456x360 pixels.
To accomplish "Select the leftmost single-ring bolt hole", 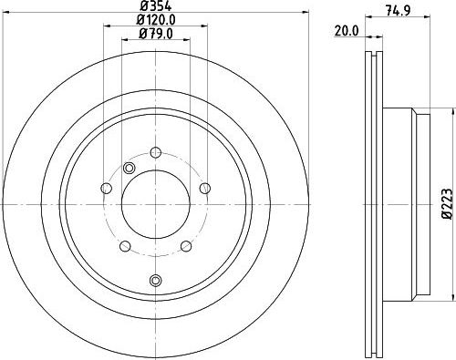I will click(x=107, y=188).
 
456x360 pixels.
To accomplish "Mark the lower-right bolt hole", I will click(x=185, y=245).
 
